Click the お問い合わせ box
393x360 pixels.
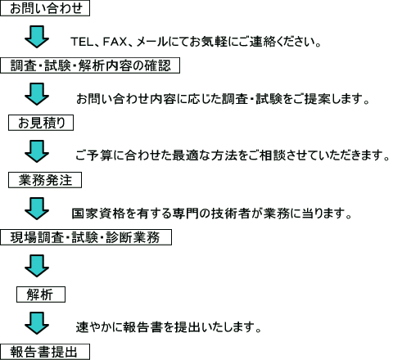click(45, 8)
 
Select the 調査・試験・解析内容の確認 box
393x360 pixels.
click(90, 65)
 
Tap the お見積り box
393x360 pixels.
click(41, 123)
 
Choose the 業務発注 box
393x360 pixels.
click(45, 180)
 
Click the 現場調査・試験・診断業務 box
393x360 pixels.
click(86, 237)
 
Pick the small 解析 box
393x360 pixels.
click(41, 295)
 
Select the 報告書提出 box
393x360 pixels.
click(45, 352)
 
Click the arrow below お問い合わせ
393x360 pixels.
click(37, 37)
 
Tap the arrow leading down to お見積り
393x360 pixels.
click(37, 94)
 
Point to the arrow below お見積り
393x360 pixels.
click(37, 151)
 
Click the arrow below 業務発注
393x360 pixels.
click(37, 209)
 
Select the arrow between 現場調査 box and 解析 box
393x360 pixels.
click(37, 266)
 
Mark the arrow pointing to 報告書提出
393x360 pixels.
click(37, 323)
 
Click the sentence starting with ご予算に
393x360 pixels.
click(233, 155)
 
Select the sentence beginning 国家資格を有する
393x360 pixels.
click(211, 214)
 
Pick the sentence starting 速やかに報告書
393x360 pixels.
click(169, 326)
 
